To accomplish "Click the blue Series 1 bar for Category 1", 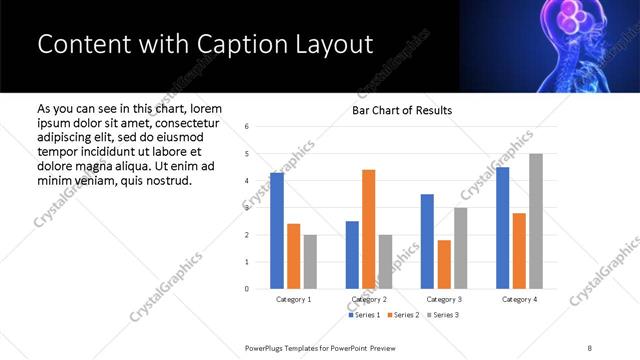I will tap(277, 231).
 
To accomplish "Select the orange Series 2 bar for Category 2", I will tap(369, 229).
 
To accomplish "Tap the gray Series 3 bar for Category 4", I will tap(536, 221).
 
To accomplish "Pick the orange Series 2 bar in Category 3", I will tap(444, 264).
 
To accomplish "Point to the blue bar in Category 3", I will tap(427, 241).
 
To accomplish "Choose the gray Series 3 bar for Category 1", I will tap(310, 262).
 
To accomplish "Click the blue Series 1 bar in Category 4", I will tap(502, 228).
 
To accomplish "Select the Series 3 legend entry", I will tap(443, 315).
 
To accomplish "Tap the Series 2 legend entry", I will tap(405, 315).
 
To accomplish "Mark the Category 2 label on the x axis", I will tap(369, 299).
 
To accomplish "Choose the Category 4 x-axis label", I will tap(519, 299).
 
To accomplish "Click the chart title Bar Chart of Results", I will tap(403, 110).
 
